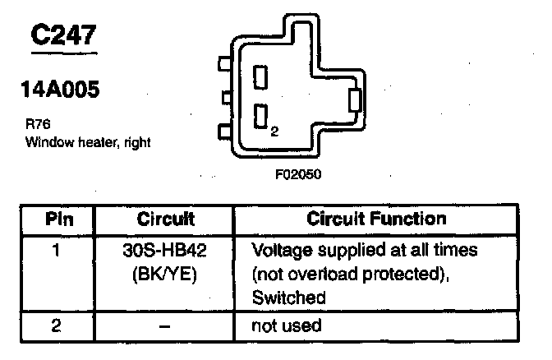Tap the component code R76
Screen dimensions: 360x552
(36, 126)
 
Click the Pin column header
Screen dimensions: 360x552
(57, 219)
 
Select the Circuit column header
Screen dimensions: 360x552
(165, 219)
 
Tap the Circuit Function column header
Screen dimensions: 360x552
(376, 219)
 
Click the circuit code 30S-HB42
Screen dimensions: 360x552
(165, 249)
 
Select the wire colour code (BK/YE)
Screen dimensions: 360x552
(165, 273)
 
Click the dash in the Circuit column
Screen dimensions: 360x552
(165, 325)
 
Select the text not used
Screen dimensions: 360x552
(287, 325)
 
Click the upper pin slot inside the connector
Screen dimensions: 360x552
(262, 78)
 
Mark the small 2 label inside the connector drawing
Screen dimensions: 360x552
(274, 130)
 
